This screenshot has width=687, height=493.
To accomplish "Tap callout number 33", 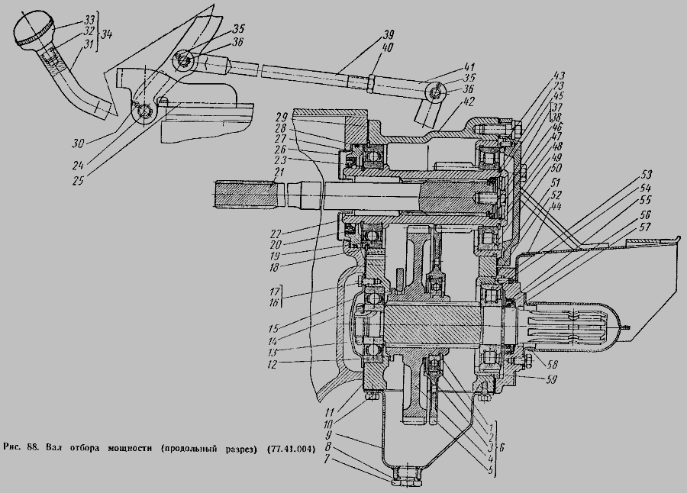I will (x=89, y=18).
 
